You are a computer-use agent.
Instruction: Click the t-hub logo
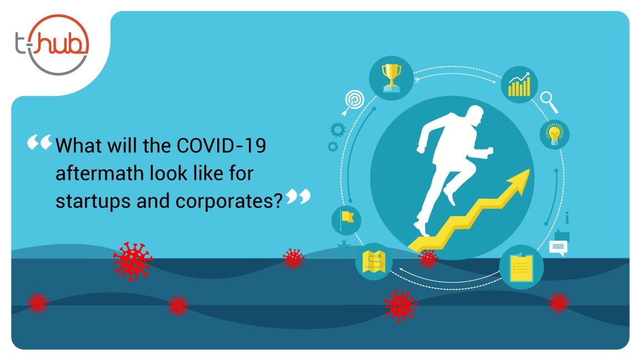(x=52, y=44)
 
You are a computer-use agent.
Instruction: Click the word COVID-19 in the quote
(x=221, y=146)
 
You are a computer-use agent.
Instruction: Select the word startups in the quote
(x=92, y=202)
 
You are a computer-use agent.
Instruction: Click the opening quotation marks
(x=39, y=142)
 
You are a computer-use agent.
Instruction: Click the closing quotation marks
(x=298, y=196)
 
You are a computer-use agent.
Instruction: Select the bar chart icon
(x=519, y=84)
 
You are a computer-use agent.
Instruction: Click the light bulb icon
(x=554, y=134)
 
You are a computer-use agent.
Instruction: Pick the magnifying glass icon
(x=549, y=102)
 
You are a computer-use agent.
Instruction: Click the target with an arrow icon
(x=353, y=102)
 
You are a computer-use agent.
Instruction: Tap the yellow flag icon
(x=347, y=219)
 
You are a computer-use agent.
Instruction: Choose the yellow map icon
(x=374, y=262)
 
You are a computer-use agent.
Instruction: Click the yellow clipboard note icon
(x=522, y=267)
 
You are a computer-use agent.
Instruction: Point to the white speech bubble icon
(x=558, y=248)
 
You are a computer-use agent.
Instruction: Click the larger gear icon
(x=338, y=130)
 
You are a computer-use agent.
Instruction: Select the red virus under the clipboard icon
(x=559, y=302)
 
